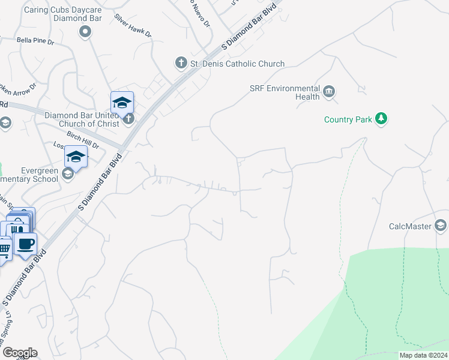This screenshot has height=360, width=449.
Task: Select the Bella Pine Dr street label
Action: point(35,42)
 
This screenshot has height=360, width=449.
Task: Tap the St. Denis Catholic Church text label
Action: point(237,64)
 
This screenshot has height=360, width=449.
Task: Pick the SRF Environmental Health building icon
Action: point(329,92)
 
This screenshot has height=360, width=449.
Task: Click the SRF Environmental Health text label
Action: point(285,92)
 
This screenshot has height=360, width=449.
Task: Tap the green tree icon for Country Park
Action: point(381,119)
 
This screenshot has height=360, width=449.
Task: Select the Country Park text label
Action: point(348,119)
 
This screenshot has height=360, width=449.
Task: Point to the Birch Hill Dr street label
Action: point(83,140)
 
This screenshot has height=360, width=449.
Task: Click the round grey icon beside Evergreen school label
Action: point(67,174)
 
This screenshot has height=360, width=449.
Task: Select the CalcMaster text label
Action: point(411,226)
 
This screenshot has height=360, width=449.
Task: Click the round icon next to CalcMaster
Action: point(441,226)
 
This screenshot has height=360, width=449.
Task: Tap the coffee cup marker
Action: point(26,244)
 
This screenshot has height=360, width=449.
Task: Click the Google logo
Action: point(20,353)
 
